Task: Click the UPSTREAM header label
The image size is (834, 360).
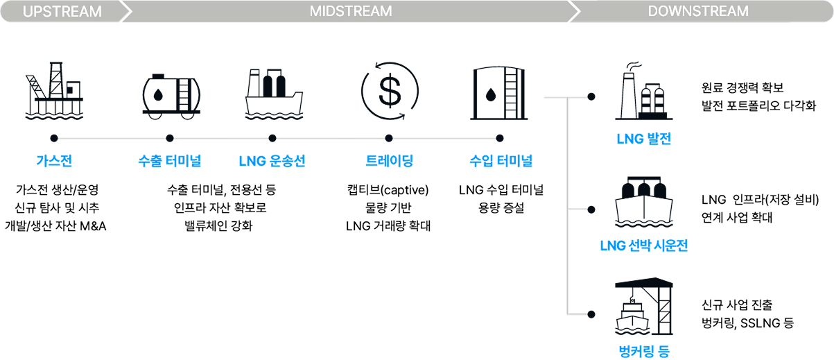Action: [x=62, y=11]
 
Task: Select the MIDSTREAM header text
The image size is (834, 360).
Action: [x=351, y=11]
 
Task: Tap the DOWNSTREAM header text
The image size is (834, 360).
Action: [x=698, y=11]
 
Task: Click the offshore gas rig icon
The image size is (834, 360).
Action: [x=54, y=91]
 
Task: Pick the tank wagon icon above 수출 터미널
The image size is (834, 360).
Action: [x=171, y=97]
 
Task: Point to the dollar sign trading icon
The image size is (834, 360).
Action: [x=390, y=91]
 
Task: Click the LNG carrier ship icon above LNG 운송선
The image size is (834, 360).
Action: [x=274, y=94]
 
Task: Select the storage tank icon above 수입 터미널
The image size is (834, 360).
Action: [x=499, y=93]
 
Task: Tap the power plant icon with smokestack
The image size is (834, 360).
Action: [x=644, y=91]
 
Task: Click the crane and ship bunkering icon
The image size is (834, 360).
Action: [x=644, y=307]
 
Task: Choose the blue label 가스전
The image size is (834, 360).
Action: [x=54, y=161]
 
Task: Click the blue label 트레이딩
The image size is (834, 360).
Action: [x=390, y=161]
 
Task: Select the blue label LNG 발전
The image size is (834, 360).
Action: [x=644, y=139]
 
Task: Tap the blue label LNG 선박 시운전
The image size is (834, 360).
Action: [x=644, y=246]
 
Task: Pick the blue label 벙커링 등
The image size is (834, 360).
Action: [x=644, y=351]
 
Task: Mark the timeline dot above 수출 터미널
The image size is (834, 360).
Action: [x=170, y=138]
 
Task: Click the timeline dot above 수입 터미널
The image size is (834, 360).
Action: [x=500, y=138]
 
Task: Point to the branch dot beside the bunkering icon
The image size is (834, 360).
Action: [x=591, y=314]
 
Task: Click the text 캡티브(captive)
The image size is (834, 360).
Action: [x=388, y=190]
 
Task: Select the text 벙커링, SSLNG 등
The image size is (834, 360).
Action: [x=747, y=323]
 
